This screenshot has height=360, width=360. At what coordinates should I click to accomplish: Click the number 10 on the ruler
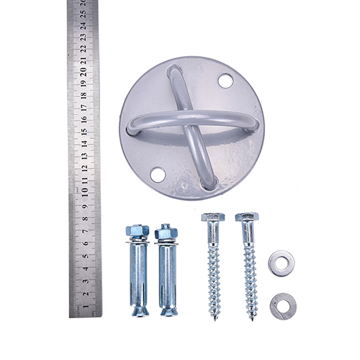[x=85, y=192]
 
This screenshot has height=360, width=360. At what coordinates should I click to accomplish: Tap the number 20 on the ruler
[x=84, y=72]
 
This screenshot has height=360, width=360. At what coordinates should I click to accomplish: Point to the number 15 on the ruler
[x=84, y=132]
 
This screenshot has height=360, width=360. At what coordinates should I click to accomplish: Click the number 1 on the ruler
[x=86, y=306]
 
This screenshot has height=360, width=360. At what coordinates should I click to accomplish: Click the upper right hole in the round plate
[x=225, y=81]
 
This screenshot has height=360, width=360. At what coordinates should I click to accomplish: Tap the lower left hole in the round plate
[x=158, y=175]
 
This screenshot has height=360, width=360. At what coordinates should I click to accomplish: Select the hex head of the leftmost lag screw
[x=213, y=217]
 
